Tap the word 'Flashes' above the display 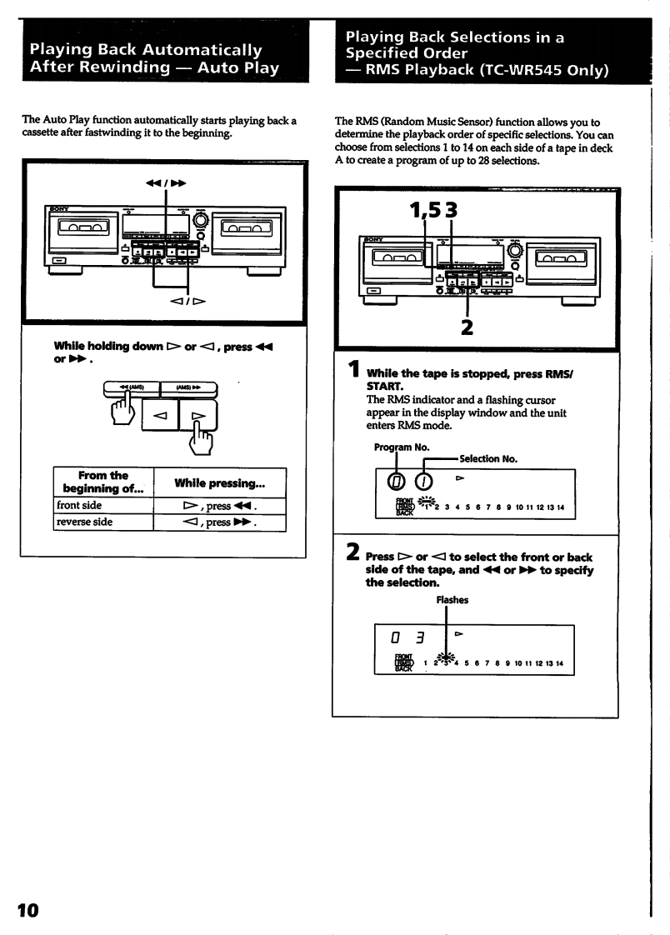452,599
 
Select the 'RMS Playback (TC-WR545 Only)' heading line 472,69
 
